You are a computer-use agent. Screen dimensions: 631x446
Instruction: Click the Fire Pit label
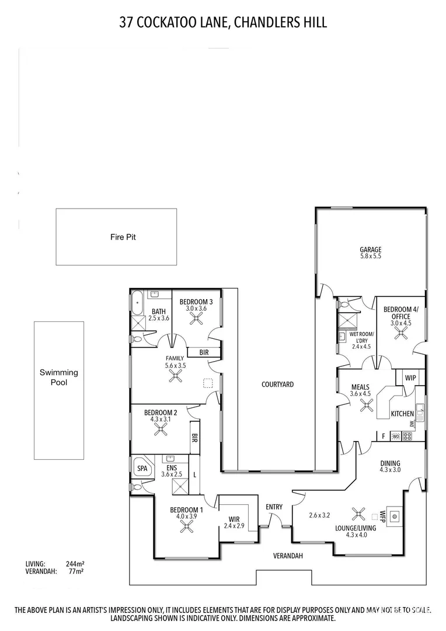point(123,237)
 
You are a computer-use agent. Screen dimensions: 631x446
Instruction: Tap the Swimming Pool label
point(58,377)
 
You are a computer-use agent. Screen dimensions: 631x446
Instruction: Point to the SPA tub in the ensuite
point(141,469)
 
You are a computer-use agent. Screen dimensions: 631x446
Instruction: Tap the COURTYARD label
point(277,384)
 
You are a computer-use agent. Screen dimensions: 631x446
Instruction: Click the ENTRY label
point(274,507)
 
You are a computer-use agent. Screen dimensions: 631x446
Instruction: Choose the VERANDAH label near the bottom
point(288,556)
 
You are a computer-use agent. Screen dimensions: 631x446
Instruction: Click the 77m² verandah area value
point(75,572)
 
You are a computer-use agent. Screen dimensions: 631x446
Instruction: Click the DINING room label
point(389,463)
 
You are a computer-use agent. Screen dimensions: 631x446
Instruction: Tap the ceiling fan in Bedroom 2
point(160,429)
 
